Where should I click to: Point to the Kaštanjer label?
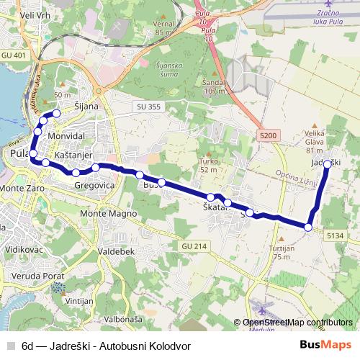click(x=75, y=156)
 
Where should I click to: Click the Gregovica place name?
click(x=95, y=185)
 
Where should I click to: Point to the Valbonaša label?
click(x=123, y=318)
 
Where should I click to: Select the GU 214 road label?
click(x=194, y=246)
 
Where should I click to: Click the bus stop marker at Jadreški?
click(x=328, y=164)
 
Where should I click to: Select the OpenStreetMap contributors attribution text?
click(x=297, y=323)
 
